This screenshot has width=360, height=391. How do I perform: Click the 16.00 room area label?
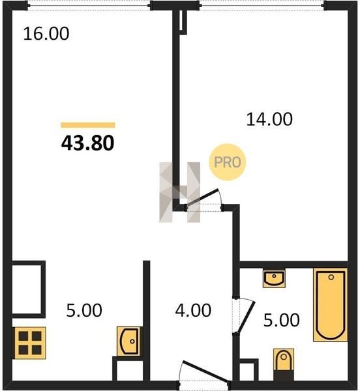tap(46, 34)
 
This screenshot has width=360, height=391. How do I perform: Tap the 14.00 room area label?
tap(269, 119)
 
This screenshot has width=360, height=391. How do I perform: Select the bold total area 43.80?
tap(88, 143)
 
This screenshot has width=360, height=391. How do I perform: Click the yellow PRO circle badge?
tap(227, 162)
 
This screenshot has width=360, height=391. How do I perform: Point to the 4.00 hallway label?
tap(193, 310)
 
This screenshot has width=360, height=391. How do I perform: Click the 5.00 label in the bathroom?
tap(282, 320)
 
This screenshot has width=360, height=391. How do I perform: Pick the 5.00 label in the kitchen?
tap(84, 310)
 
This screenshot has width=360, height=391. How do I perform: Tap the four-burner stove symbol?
tap(30, 343)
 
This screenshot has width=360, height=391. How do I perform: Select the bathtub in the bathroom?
tap(330, 305)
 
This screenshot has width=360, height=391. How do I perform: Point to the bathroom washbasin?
tap(274, 278)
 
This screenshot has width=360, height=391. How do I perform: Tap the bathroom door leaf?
tap(246, 317)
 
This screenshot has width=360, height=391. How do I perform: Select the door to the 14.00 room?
tap(202, 197)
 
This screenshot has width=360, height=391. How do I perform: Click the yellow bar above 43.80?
tap(88, 125)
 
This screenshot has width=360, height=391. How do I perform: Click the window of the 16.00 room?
tap(89, 5)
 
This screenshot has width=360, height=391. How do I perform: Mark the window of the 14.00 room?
tap(262, 5)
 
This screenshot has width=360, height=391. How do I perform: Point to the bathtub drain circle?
tap(331, 277)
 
